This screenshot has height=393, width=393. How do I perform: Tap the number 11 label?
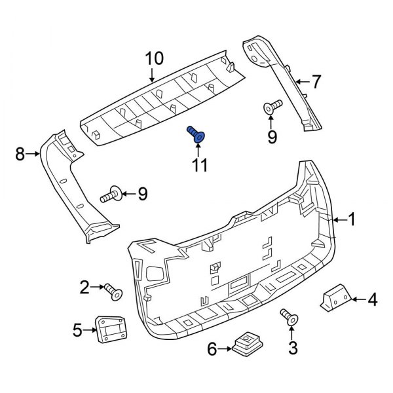coord(198,164)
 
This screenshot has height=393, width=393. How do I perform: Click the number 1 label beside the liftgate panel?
coord(351,220)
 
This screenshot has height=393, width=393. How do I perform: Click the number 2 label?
coord(84,286)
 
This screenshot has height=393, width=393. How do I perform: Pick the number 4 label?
coord(372,301)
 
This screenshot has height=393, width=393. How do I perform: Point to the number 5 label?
coord(78,330)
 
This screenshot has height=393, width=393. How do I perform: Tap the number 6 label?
coord(212,350)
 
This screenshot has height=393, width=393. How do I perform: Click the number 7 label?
coord(316,83)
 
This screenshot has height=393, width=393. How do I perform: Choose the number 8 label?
coord(20,154)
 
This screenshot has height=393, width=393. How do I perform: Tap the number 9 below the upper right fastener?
coord(272,136)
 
